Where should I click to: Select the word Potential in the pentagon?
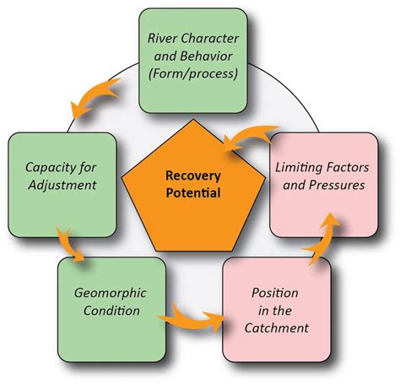pos(193,195)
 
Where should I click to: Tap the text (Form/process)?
pos(193,74)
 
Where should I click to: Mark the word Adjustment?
pos(61,185)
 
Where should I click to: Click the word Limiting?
pos(300,170)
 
